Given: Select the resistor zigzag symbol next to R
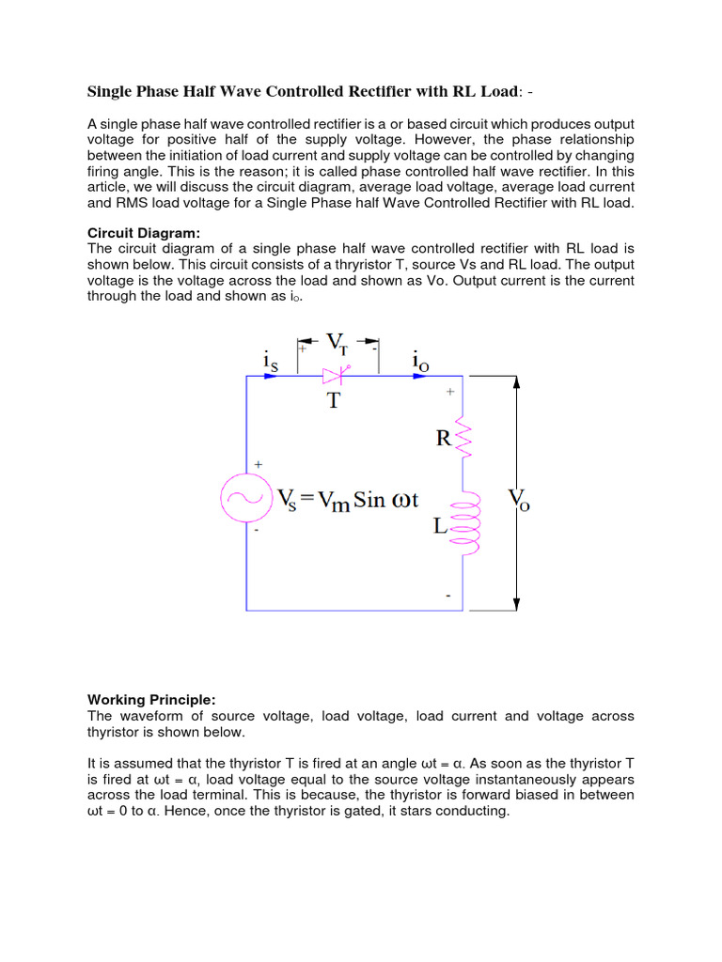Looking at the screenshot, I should click(x=463, y=440).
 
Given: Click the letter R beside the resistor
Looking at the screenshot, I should click(x=444, y=439).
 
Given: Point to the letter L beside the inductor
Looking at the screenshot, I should click(x=440, y=527).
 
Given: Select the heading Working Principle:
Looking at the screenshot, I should click(x=151, y=699).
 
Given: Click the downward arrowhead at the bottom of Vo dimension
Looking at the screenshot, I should click(x=515, y=602).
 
